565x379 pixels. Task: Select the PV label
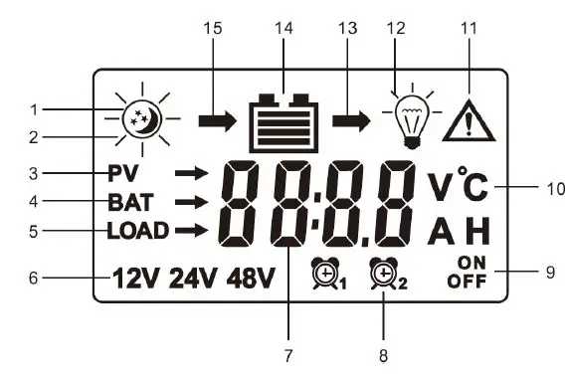coord(123,173)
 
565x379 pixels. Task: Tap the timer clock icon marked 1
coord(324,272)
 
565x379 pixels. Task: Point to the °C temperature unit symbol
coord(473,185)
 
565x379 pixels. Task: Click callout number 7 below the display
coord(289,353)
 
